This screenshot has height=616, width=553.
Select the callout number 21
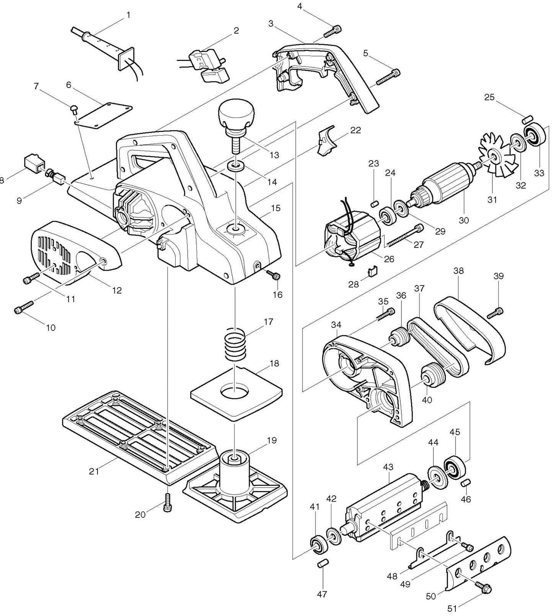pyautogui.click(x=94, y=471)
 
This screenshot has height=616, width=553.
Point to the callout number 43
pyautogui.click(x=388, y=467)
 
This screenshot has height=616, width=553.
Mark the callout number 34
pyautogui.click(x=336, y=325)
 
